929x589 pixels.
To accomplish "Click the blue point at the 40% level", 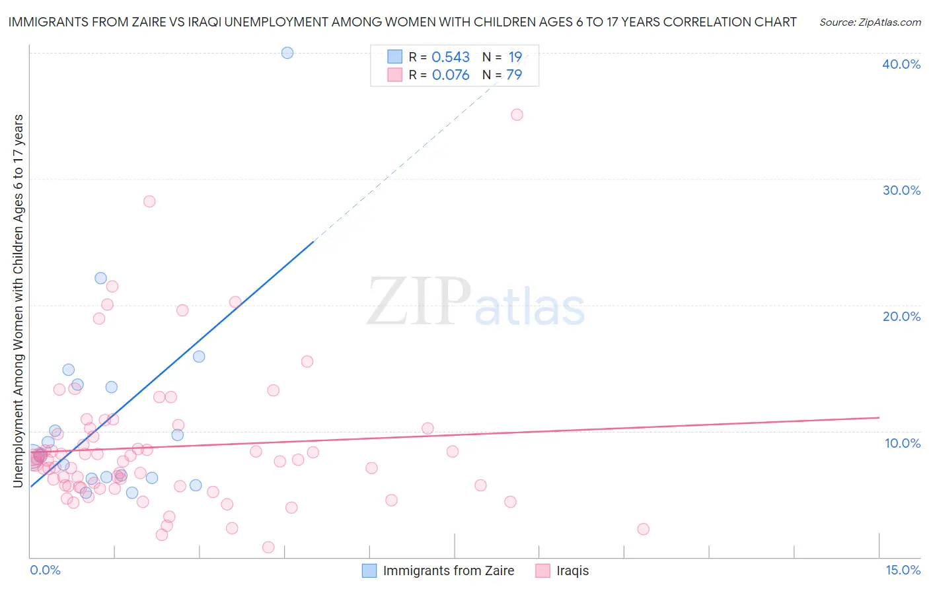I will click(287, 53).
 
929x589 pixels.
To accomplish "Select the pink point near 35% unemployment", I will click(517, 115).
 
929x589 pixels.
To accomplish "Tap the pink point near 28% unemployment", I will click(149, 201).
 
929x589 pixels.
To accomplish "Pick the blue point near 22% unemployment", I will click(100, 278).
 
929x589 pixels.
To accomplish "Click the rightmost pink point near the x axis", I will click(643, 529).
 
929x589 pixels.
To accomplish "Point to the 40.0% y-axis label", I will click(901, 64).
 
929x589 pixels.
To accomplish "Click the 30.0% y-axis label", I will click(901, 190).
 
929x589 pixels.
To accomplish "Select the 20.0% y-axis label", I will click(901, 316).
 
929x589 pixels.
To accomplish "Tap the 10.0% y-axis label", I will click(903, 443).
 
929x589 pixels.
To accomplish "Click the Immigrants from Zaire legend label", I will click(448, 571).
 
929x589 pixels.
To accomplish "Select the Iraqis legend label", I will click(572, 571).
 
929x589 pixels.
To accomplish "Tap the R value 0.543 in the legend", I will click(451, 57).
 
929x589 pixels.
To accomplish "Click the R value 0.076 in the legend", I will click(451, 75).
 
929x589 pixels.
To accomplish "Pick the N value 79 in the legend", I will click(514, 75).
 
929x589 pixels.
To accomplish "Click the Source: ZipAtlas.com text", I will click(870, 22).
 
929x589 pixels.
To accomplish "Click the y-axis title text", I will click(19, 301).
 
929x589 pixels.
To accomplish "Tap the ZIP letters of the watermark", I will click(419, 302).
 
